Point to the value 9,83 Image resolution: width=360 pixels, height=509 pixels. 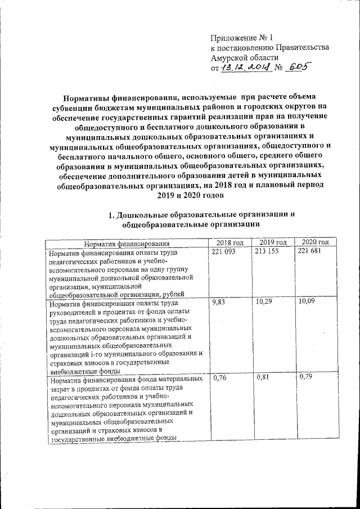(217, 303)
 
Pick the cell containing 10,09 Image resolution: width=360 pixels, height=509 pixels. (307, 303)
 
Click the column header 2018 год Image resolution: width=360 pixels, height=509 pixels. (229, 242)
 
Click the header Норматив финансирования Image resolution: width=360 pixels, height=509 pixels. (127, 244)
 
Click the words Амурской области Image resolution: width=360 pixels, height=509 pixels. (244, 58)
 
